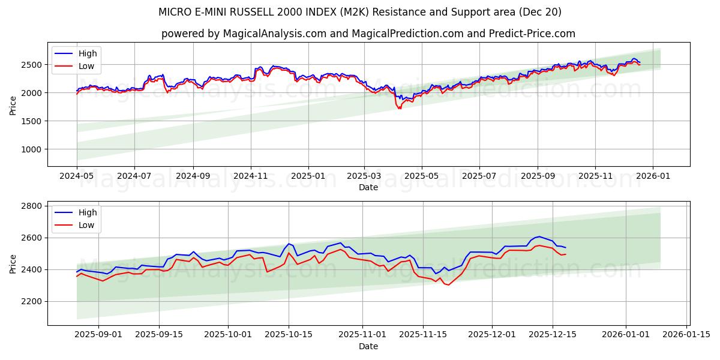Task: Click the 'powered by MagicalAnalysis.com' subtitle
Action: coord(368,34)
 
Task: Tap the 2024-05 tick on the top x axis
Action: coord(77,175)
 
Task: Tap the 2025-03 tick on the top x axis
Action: coord(364,175)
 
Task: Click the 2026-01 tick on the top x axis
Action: coord(652,175)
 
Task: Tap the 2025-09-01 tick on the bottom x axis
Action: coord(98,334)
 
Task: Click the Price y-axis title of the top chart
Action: coord(13,104)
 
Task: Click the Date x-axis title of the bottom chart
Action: coord(368,346)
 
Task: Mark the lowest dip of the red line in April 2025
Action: coord(400,109)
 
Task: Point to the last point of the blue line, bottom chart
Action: coord(565,247)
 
